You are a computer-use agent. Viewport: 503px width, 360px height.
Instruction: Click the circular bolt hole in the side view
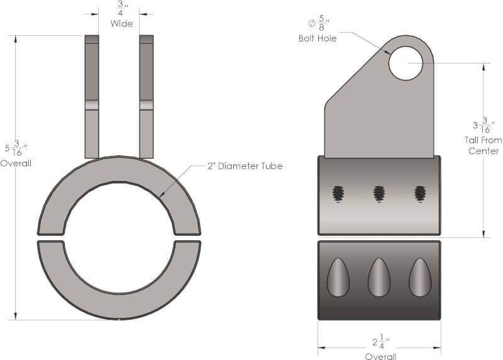tap(406, 64)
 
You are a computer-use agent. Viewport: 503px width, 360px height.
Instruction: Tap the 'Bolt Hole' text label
tap(318, 38)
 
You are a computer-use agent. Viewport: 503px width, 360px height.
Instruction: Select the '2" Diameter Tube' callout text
tap(245, 166)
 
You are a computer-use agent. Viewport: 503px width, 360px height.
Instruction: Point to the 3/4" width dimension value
tap(121, 8)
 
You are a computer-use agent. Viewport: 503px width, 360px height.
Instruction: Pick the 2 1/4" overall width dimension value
tap(381, 342)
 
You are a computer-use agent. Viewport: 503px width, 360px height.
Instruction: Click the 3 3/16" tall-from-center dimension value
tap(484, 125)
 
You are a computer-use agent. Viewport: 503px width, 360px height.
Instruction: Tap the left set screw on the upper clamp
tap(338, 194)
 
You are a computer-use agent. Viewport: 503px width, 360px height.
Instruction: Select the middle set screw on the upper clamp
tap(379, 194)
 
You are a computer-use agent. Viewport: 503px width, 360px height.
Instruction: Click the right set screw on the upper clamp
tap(420, 194)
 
